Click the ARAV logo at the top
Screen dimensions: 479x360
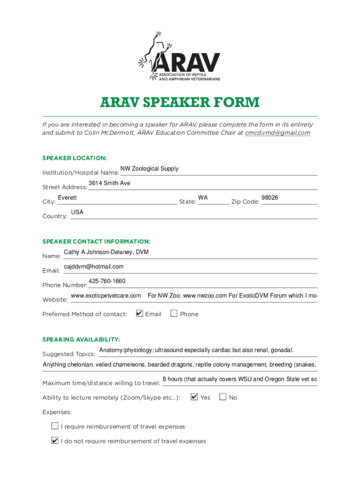tap(180, 56)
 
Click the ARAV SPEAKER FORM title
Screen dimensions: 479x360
tap(180, 102)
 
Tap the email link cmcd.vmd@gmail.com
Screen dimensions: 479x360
tap(278, 133)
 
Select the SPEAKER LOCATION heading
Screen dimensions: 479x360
tap(74, 158)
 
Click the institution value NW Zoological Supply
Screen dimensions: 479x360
tap(149, 169)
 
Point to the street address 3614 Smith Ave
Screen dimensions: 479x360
tap(109, 183)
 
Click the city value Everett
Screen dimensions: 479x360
tap(67, 198)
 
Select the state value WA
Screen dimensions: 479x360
tap(203, 198)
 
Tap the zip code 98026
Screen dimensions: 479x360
tap(270, 198)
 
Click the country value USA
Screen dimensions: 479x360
tap(77, 212)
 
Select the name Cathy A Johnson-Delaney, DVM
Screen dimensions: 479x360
tap(106, 253)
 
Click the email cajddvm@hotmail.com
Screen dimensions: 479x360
tap(94, 267)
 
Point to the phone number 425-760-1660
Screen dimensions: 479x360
tap(107, 281)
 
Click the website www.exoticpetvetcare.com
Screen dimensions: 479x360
tap(106, 296)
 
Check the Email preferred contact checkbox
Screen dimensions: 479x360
tap(139, 313)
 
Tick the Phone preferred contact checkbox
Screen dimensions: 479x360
tap(174, 313)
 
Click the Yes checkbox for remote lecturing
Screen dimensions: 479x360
tap(194, 397)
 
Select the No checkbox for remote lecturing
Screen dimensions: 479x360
tap(223, 397)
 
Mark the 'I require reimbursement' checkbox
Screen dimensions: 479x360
tap(55, 426)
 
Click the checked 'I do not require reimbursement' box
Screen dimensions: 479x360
tap(55, 441)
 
